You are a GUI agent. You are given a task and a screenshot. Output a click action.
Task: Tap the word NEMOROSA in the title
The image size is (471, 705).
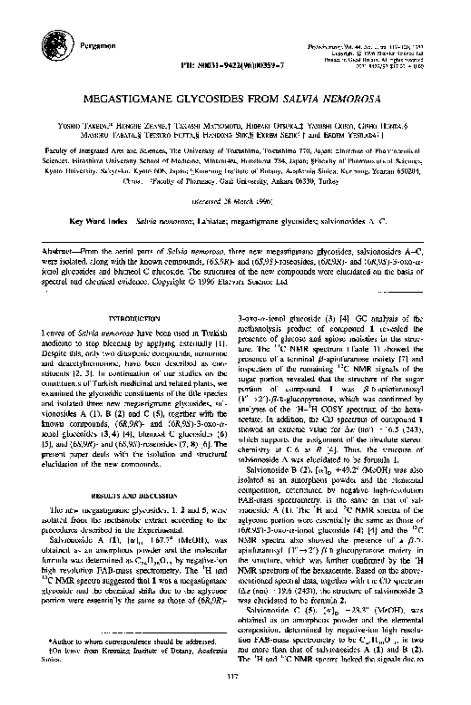[345, 104]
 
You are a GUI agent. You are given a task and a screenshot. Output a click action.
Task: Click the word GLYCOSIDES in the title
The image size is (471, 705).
[228, 104]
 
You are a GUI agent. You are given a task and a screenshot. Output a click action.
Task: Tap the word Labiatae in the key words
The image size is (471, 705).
[230, 219]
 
